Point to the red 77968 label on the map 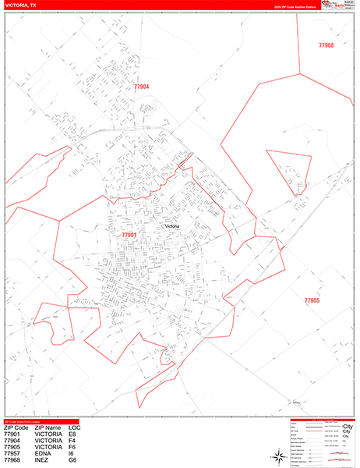(x=326, y=46)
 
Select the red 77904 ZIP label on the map (x=141, y=87)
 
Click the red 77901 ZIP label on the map (x=129, y=235)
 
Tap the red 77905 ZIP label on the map (x=312, y=300)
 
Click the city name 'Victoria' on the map (x=172, y=227)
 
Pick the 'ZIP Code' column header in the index (x=16, y=427)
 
